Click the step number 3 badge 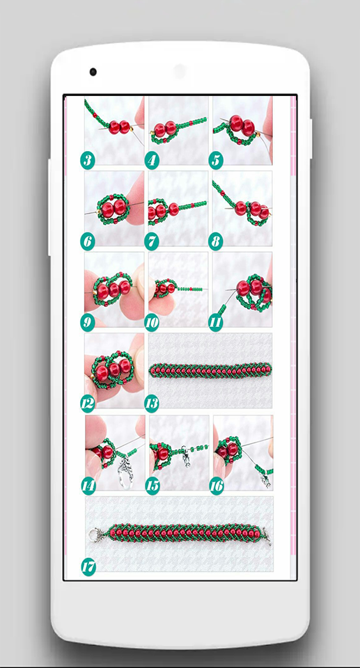pos(88,161)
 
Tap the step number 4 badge pos(152,161)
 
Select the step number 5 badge pos(216,161)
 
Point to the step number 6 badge pos(88,242)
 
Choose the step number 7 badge pos(152,242)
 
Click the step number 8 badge pos(216,242)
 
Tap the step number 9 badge pos(88,323)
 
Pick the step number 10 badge pos(152,323)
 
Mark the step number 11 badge pos(216,323)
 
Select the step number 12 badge pos(88,404)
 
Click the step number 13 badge pos(152,404)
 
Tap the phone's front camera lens pos(93,72)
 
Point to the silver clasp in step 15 pos(185,456)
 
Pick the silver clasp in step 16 pos(266,480)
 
